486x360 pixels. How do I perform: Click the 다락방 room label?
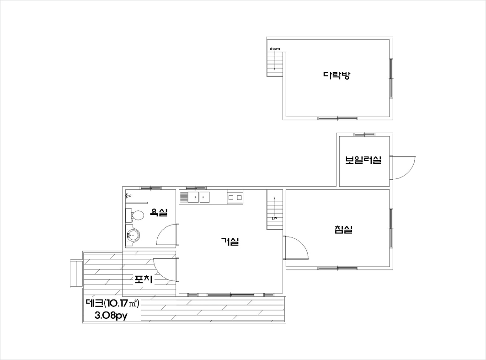(x=336, y=75)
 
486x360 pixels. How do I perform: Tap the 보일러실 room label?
(x=363, y=160)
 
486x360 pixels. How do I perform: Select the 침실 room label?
(x=343, y=230)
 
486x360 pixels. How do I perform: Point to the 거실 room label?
(x=230, y=241)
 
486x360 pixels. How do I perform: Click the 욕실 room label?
(x=159, y=212)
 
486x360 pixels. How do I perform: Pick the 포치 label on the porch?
(x=143, y=279)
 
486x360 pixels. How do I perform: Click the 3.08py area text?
(x=111, y=316)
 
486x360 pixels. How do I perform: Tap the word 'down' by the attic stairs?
(x=275, y=48)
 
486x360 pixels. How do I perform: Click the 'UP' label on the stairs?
(x=274, y=219)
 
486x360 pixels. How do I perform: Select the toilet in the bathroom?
(x=134, y=215)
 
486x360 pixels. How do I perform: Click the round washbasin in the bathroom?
(x=133, y=236)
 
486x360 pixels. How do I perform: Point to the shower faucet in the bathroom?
(x=128, y=195)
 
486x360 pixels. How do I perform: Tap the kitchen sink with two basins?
(x=195, y=197)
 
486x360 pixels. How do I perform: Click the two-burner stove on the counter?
(x=235, y=197)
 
